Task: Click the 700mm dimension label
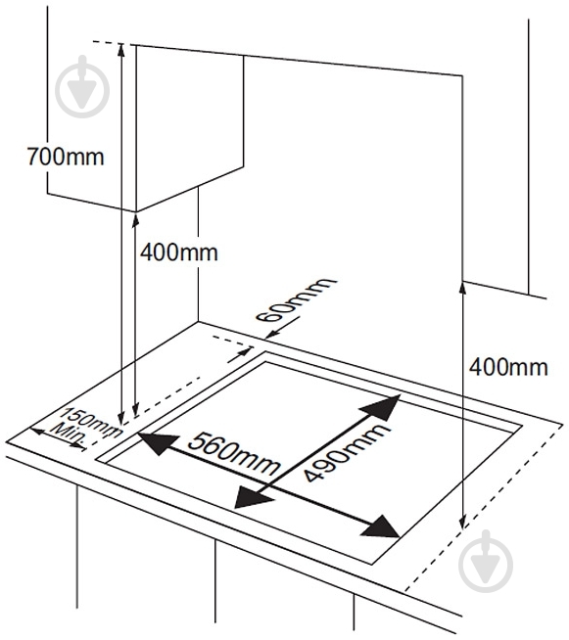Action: pos(66,157)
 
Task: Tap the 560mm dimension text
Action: pos(234,454)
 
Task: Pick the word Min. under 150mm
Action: pos(69,435)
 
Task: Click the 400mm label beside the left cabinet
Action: pos(179,252)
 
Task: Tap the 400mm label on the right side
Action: pos(508,367)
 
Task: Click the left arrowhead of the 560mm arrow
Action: pos(158,443)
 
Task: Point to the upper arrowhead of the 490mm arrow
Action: pos(382,407)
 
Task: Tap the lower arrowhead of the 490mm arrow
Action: pos(252,497)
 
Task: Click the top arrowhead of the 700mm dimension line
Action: pos(121,50)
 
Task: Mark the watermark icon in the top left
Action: pos(82,86)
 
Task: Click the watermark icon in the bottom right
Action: pos(486,562)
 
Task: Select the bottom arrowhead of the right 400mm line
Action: pos(462,523)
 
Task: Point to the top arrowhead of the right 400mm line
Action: pos(462,289)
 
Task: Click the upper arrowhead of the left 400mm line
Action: pos(135,219)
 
